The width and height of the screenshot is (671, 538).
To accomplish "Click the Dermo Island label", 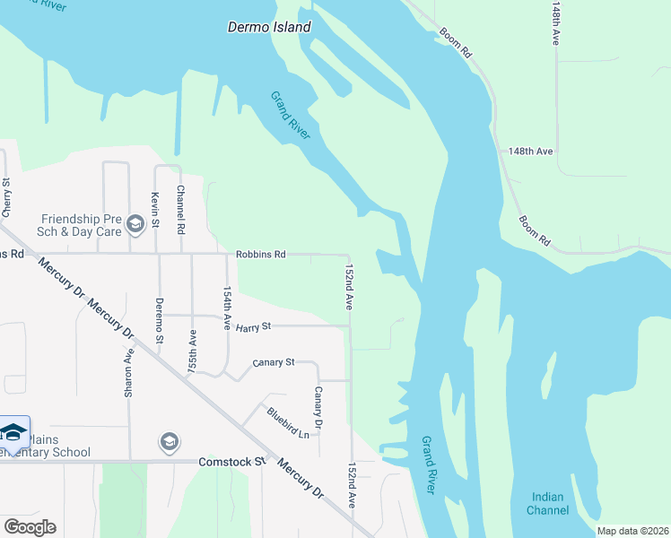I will coord(268,28).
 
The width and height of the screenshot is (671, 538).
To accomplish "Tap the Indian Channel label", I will coord(548,504).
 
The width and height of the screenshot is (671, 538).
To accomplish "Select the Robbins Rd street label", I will coord(260,255).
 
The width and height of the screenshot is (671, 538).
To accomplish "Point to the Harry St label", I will coord(253,326).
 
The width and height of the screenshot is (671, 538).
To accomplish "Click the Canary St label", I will coord(273,362).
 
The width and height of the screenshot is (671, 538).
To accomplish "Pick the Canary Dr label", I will coord(318,407).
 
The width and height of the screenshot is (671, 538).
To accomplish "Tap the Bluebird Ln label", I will coord(287,422).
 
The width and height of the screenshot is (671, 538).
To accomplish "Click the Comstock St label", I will coord(232,462).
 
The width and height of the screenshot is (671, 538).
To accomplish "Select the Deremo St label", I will coord(159,320).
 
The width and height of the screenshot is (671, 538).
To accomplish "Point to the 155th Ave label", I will coord(192,351).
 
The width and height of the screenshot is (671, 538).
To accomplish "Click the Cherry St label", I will coord(6,198).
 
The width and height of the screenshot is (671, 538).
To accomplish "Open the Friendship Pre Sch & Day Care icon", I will coord(135,223).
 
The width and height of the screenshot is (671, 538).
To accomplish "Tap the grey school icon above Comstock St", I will coord(169,442).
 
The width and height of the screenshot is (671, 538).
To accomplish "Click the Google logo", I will coord(30,527).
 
